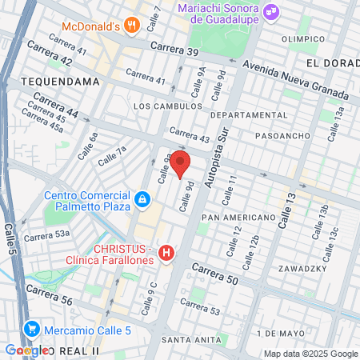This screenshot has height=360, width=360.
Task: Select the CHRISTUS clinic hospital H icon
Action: (x=166, y=254)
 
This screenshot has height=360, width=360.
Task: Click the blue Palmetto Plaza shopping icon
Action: (x=142, y=198)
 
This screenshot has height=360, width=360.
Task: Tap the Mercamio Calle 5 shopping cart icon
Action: (x=32, y=328)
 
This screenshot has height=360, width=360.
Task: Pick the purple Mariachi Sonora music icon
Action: (x=271, y=12)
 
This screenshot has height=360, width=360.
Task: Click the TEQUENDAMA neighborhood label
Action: (x=60, y=82)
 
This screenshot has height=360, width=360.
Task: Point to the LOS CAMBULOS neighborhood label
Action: (x=167, y=106)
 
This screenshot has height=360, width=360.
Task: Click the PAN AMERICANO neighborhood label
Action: (x=238, y=218)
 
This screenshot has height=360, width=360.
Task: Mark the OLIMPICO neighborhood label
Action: (x=303, y=38)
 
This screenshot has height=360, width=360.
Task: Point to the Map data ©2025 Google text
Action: (x=310, y=354)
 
